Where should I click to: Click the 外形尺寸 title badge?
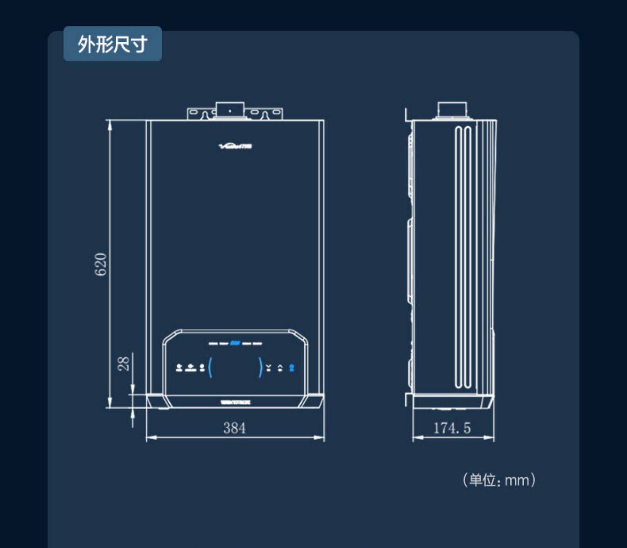point(112,44)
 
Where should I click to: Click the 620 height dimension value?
point(101,264)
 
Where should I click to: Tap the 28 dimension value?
point(124,363)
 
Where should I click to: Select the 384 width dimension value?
point(234,428)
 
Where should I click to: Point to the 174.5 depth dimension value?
point(452,428)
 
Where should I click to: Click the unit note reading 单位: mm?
point(499,480)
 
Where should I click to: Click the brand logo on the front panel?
point(235,146)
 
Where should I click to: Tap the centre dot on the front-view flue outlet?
point(229,111)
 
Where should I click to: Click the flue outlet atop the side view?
point(452,110)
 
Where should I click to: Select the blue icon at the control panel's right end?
point(292,368)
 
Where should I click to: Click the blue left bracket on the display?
point(210,367)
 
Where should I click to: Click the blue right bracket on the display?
point(260,367)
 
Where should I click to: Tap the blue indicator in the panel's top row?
point(235,343)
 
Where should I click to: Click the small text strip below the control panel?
point(235,403)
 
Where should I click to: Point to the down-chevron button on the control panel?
point(269,368)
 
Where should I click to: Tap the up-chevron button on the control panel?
point(280,368)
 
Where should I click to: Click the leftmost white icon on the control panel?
point(179,368)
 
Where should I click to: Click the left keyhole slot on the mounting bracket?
point(205,115)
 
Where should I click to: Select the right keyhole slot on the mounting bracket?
point(265,115)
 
